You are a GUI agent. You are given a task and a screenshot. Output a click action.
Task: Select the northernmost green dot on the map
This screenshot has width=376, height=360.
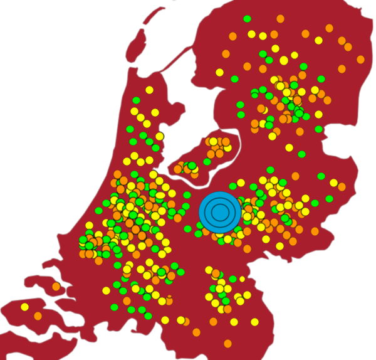pos(247,19)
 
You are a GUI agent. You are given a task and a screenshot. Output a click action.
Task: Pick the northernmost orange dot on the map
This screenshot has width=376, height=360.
pos(281,18)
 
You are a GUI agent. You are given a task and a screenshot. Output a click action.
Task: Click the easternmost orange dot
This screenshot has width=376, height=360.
pos(360,60)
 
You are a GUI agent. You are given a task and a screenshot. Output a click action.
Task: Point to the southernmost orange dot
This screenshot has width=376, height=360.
pos(227,343)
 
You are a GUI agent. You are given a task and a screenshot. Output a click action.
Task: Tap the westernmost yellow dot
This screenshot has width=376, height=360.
pos(24,307)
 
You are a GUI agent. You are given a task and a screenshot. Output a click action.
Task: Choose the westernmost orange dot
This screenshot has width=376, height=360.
pos(38,315)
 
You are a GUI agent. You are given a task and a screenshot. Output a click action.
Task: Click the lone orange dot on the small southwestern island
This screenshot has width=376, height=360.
pos(56,287)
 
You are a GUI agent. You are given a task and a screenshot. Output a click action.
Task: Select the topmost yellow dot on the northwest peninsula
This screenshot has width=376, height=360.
pos(149,90)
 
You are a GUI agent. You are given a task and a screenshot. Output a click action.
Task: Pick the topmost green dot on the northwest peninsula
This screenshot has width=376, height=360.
pos(136,100)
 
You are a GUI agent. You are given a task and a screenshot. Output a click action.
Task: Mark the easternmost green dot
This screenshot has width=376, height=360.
pos(330,199)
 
